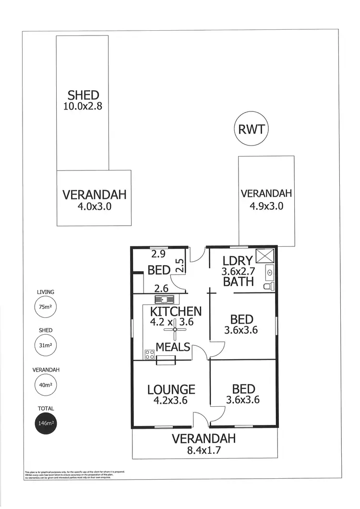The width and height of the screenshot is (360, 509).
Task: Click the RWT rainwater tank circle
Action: pos(251,129)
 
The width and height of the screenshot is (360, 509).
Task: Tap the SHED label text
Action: pos(83,95)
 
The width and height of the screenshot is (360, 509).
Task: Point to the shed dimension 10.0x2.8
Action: pos(83,106)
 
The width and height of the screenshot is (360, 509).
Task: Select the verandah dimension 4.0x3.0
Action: pos(94,206)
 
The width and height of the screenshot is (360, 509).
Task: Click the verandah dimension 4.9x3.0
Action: pos(266,206)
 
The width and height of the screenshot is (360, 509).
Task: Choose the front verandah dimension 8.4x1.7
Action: pos(204,450)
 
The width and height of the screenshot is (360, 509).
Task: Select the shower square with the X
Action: pos(265,256)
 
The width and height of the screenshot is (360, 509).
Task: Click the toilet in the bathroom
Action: pos(269,286)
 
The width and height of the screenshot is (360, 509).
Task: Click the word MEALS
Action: pos(173,347)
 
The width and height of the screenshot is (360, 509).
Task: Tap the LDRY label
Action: pos(238,261)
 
